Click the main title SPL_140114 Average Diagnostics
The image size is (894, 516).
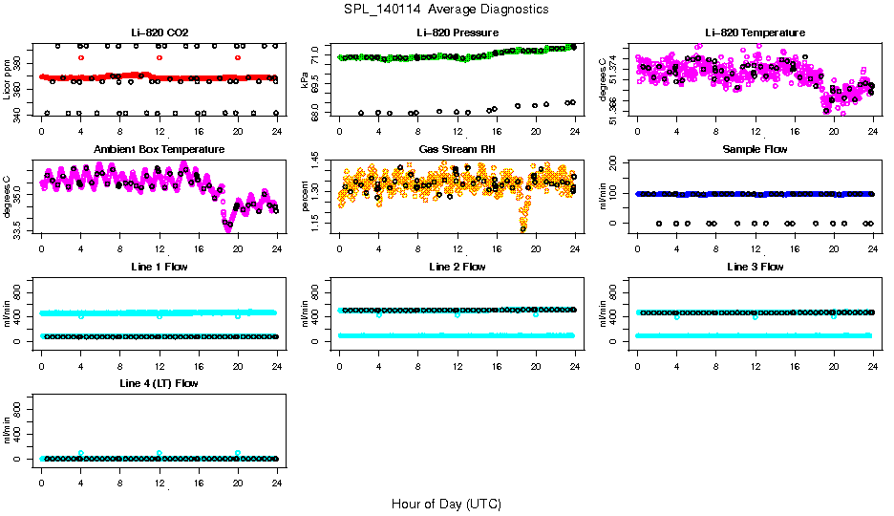(x=447, y=9)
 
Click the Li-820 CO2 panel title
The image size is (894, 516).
(x=159, y=33)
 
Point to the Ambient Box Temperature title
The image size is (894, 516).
(x=159, y=150)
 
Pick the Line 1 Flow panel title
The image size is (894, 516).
(x=159, y=267)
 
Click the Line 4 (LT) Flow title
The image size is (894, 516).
(x=159, y=383)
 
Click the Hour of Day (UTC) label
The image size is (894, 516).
(x=446, y=504)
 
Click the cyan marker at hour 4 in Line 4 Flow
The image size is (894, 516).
(x=81, y=453)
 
